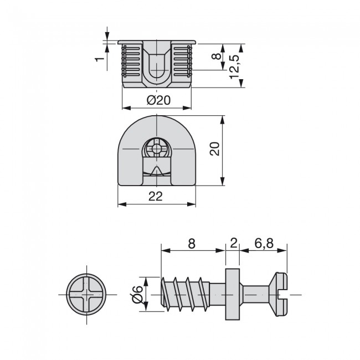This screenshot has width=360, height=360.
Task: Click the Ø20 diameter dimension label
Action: (x=158, y=100)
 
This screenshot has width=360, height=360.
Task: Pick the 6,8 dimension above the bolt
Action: (x=264, y=243)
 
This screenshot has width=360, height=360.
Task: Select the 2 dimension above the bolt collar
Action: (x=233, y=243)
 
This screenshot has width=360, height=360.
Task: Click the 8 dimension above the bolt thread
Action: (x=192, y=243)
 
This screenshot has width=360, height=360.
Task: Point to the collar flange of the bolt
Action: (x=233, y=294)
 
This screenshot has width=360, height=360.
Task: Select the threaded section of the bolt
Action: (x=186, y=294)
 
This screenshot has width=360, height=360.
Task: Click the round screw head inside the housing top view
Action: (x=157, y=149)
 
